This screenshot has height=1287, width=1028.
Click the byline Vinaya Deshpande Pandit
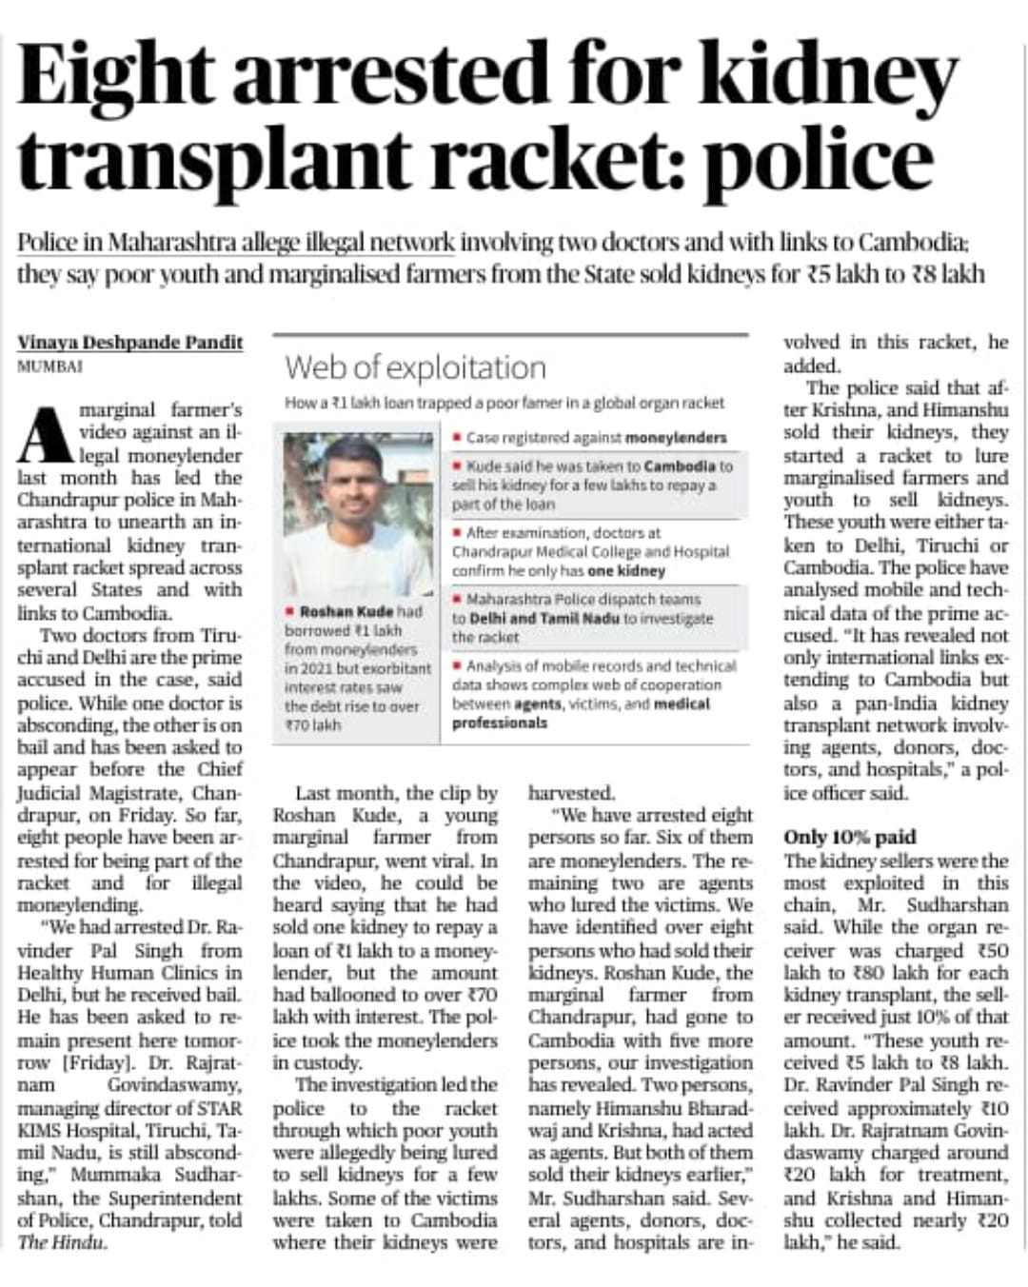pos(130,343)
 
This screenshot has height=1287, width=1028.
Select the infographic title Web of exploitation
pos(415,367)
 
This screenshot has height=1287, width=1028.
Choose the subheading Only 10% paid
pos(849,838)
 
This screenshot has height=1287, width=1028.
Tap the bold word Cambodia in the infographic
pos(679,466)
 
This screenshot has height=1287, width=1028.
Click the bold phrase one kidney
pos(626,571)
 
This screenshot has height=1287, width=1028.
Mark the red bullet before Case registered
pos(458,438)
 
